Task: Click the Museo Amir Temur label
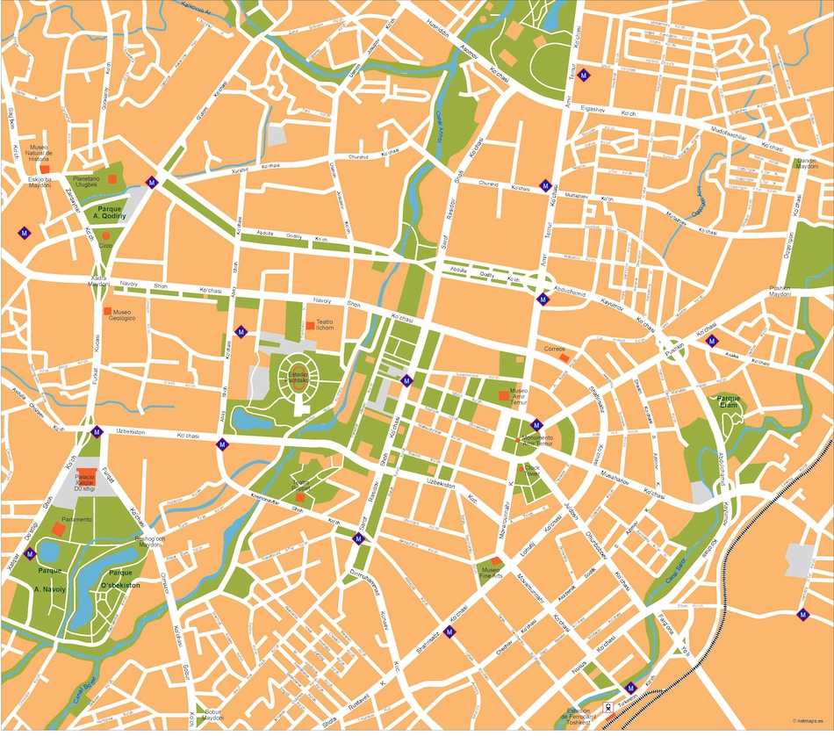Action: pyautogui.click(x=518, y=394)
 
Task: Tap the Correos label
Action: pyautogui.click(x=555, y=349)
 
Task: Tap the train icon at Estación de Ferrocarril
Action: pyautogui.click(x=606, y=706)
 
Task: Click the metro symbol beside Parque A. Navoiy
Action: pyautogui.click(x=31, y=553)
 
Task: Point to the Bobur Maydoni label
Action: pyautogui.click(x=213, y=715)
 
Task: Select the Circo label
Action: pyautogui.click(x=105, y=246)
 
